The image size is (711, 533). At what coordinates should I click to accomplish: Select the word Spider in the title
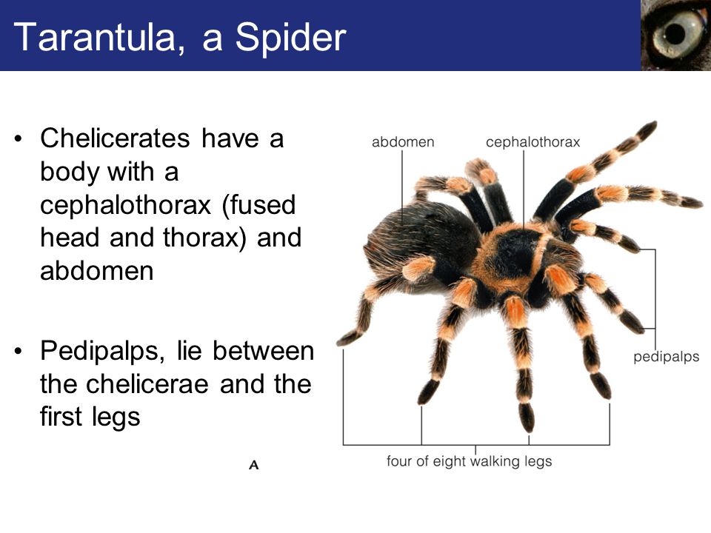point(290,38)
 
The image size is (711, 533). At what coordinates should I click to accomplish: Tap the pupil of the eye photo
point(675,34)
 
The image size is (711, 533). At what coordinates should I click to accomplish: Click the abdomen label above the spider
point(403,142)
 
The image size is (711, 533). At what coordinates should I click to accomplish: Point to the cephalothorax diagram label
point(533,142)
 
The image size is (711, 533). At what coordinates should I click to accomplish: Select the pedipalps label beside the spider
point(666,357)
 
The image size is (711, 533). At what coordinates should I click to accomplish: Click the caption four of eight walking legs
point(470,461)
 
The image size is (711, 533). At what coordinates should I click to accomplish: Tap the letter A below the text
point(254,465)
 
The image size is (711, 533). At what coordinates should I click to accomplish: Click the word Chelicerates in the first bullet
point(115,138)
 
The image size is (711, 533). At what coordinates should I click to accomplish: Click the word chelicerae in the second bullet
point(147,384)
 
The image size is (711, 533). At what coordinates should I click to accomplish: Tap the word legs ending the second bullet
point(116,418)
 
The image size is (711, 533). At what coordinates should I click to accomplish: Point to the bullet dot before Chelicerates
point(18,138)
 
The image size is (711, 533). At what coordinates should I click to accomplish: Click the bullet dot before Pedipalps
point(18,351)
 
